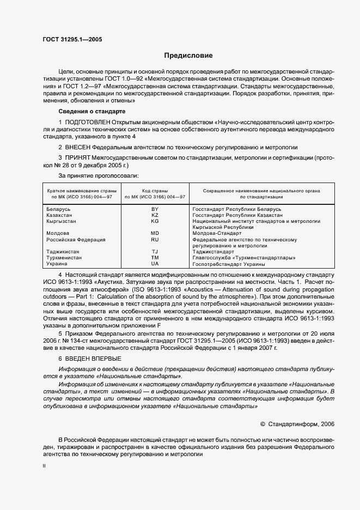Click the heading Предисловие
(x=188, y=56)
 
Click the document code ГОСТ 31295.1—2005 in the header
(x=72, y=39)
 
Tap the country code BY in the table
(x=155, y=209)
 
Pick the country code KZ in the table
(x=155, y=215)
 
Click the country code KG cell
(x=155, y=221)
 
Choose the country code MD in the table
(x=155, y=233)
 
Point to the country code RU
(x=155, y=239)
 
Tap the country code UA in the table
(x=155, y=263)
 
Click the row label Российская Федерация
(x=75, y=239)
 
